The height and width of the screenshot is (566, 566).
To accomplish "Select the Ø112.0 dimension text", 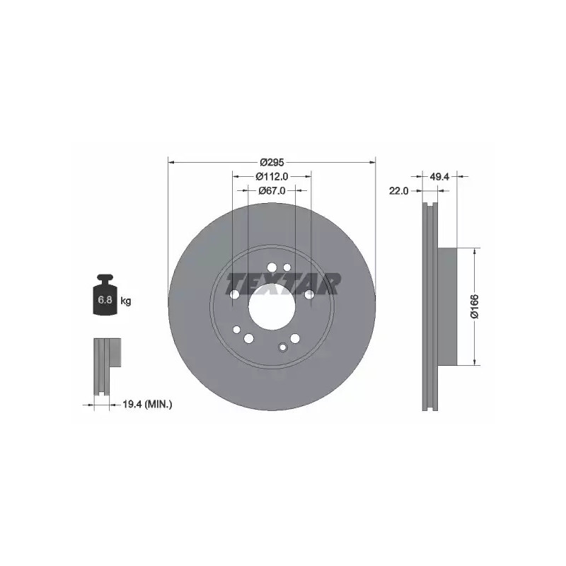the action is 272,176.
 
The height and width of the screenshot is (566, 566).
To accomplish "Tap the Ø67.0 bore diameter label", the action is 272,190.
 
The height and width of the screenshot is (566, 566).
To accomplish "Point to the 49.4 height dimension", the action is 439,176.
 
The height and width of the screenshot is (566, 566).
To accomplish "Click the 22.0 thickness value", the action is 398,190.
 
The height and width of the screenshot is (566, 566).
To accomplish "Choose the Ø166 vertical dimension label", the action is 474,306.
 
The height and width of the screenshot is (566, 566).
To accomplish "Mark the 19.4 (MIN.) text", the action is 147,405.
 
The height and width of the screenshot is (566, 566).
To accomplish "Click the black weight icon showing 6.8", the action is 105,294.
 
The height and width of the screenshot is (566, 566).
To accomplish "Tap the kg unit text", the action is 126,300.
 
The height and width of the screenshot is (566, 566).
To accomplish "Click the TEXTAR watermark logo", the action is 283,284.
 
